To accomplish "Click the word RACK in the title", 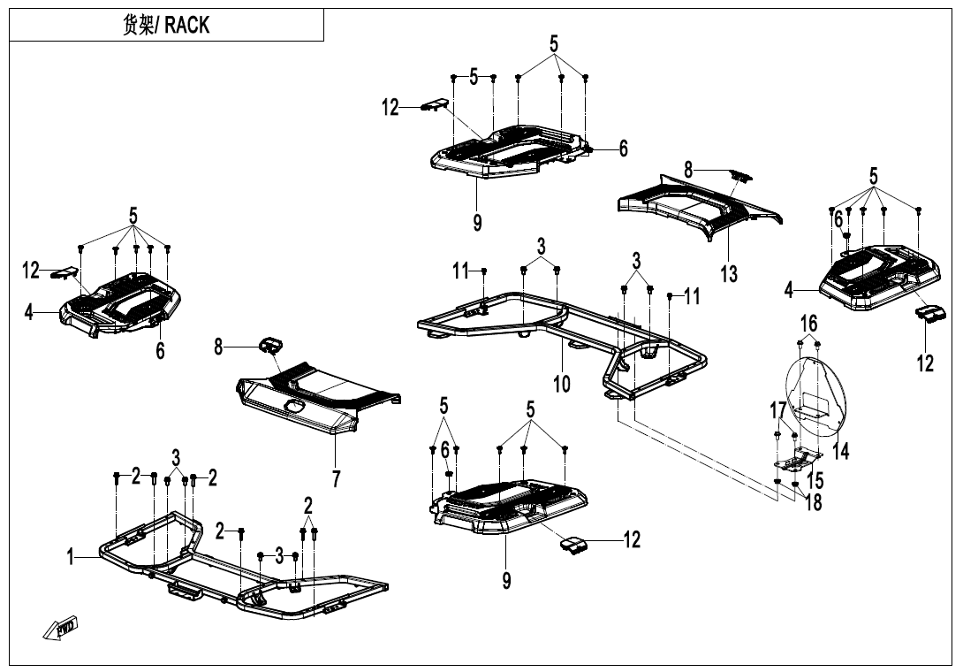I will point(187,25).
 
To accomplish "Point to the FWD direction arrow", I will point(60,630).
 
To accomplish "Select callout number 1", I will point(71,557).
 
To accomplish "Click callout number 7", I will point(336,478).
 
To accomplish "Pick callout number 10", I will point(562,383).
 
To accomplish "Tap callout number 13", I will point(728,273).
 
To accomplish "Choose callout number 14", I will point(841,451).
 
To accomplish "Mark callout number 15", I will point(815,480).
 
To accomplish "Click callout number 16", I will point(809,323).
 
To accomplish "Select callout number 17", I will point(777,410).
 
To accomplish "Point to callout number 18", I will point(814,502).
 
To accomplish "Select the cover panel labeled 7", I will point(318,398).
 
